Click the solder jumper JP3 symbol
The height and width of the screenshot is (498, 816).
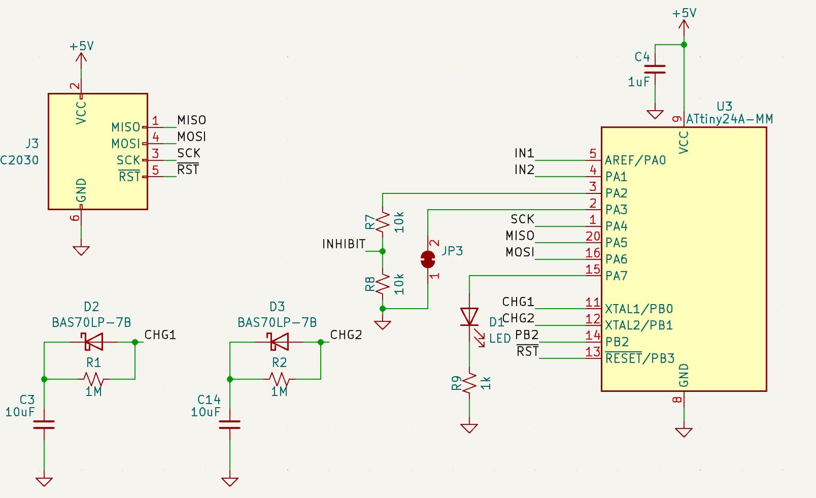[428, 259]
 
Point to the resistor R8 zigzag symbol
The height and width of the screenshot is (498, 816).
[382, 284]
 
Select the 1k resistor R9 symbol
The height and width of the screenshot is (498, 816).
[469, 383]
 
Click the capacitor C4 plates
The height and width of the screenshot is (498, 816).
[655, 69]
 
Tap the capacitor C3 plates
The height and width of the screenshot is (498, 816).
[44, 425]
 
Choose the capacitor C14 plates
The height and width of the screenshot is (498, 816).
[229, 425]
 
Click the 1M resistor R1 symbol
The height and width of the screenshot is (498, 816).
[94, 379]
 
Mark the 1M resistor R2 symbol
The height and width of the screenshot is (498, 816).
[279, 379]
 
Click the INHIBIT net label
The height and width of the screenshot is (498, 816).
[344, 244]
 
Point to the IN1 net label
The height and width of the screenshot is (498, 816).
[524, 153]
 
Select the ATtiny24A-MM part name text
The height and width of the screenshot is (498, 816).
[729, 119]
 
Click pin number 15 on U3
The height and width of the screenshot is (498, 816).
[593, 269]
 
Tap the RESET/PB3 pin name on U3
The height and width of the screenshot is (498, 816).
[640, 358]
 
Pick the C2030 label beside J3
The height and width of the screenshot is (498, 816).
[19, 160]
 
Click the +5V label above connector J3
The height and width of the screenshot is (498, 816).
[82, 46]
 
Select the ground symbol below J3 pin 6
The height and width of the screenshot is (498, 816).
[81, 251]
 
